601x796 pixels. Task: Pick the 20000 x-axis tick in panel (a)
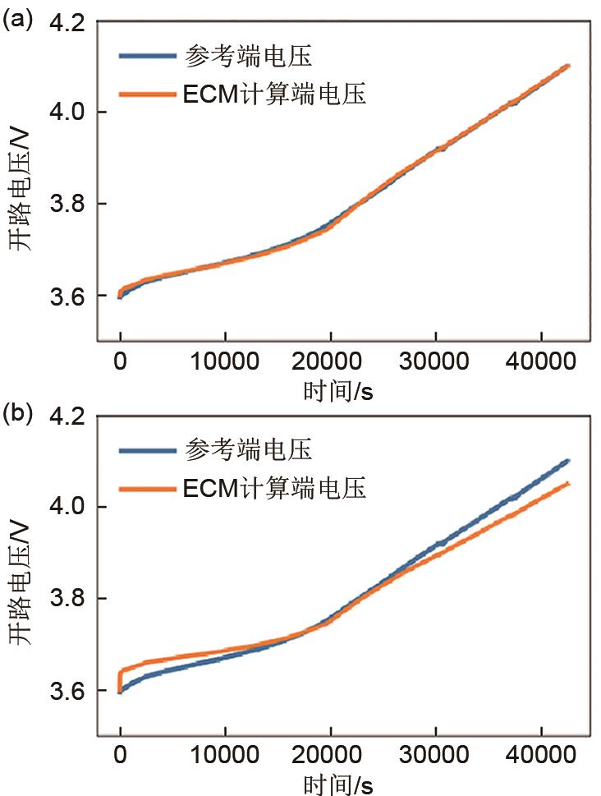point(330,362)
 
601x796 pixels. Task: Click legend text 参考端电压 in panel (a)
point(248,58)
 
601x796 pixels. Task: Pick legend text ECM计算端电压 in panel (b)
point(273,490)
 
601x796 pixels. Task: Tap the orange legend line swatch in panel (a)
point(147,95)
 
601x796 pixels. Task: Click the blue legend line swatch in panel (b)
point(147,451)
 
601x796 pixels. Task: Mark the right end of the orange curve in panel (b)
point(568,483)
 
